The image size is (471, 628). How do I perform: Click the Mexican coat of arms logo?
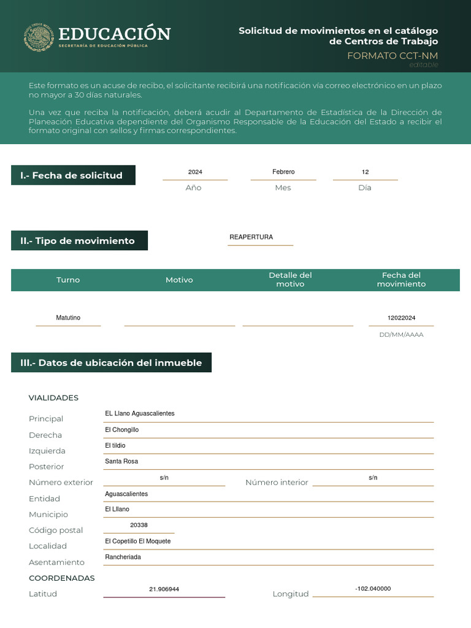39,37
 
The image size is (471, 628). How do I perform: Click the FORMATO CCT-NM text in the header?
392,56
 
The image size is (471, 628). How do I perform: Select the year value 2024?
195,172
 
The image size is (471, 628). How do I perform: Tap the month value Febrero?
283,172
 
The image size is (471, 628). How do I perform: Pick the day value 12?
365,172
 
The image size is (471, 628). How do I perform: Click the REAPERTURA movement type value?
251,237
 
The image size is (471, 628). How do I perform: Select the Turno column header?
68,280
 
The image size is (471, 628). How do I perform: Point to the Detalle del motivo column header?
290,280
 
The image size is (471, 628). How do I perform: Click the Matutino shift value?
68,318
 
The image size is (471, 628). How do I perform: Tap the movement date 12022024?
401,318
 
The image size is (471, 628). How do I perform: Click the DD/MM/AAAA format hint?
401,335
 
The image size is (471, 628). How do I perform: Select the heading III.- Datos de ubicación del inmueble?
111,363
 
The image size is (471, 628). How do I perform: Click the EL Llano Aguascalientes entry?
140,414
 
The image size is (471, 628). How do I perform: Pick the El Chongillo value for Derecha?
121,430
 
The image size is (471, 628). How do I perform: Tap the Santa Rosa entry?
121,461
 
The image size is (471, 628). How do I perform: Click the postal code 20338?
139,526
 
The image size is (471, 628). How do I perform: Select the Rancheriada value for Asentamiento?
123,557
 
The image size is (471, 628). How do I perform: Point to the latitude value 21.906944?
164,589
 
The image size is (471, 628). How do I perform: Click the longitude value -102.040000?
373,589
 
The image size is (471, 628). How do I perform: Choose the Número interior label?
277,483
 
